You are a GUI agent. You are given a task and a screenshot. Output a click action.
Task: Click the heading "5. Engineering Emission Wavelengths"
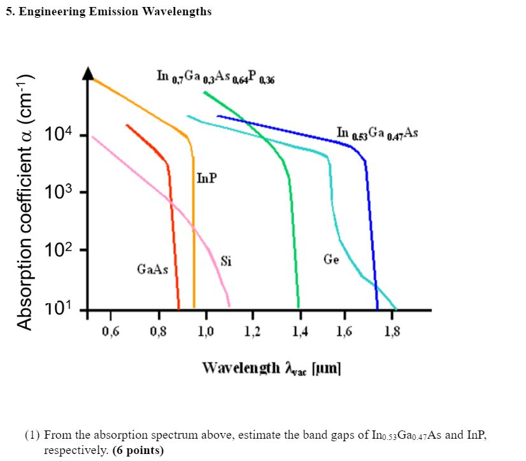[x=109, y=12]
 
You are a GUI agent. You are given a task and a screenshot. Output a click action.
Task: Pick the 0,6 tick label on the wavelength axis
[x=110, y=331]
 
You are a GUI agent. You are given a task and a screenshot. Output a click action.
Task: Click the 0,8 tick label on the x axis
[x=158, y=331]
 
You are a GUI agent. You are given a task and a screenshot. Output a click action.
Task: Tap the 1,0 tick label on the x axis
[x=205, y=331]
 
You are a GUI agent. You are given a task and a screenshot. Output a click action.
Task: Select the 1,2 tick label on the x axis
[x=252, y=331]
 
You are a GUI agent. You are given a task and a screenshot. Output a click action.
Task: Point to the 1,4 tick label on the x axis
[x=299, y=331]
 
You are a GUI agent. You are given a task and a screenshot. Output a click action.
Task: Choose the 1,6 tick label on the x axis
[x=346, y=331]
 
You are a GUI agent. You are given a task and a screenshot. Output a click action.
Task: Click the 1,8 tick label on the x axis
[x=393, y=331]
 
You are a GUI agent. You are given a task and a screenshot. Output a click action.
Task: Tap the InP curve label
[x=206, y=178]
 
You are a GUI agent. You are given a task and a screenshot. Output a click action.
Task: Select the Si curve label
[x=226, y=260]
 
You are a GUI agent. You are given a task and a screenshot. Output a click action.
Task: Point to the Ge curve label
[x=331, y=259]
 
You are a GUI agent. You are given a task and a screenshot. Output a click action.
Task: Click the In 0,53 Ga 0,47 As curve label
[x=377, y=134]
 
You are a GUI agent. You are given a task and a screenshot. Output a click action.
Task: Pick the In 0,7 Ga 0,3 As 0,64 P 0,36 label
[x=216, y=76]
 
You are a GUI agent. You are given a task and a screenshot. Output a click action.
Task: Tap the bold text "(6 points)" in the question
[x=138, y=450]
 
